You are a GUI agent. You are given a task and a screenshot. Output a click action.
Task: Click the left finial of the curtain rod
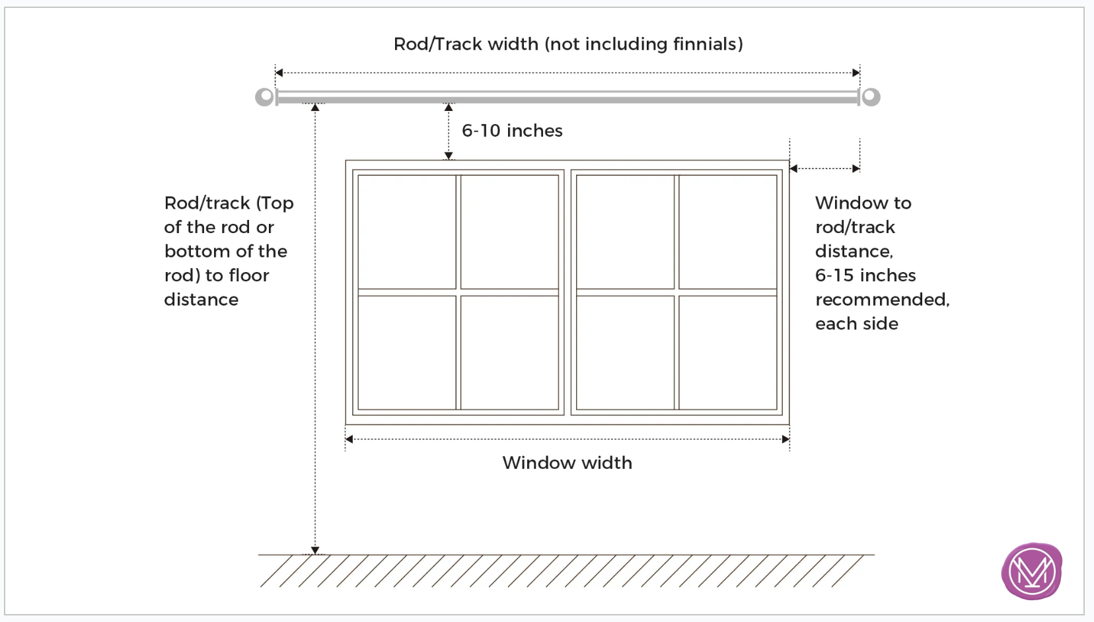tap(265, 96)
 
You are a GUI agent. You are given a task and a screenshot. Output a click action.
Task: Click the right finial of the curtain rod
tap(870, 96)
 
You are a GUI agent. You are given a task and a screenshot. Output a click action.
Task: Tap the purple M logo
tap(1031, 570)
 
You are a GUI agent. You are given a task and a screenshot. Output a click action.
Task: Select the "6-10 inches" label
tap(512, 131)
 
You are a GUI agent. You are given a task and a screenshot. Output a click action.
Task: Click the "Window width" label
tap(567, 462)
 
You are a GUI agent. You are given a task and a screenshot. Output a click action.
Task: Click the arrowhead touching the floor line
tap(315, 550)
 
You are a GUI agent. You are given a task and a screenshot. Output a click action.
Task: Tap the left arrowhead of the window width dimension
tap(349, 439)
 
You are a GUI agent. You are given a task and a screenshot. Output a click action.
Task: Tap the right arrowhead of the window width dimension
tap(785, 439)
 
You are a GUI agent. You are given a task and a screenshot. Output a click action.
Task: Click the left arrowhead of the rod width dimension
tap(279, 73)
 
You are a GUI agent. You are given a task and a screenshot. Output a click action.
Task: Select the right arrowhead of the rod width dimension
tap(856, 73)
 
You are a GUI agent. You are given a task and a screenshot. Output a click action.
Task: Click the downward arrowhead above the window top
tap(449, 156)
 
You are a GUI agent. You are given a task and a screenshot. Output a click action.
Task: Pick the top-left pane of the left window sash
tap(407, 232)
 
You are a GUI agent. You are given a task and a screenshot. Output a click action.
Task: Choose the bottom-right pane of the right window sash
tap(728, 353)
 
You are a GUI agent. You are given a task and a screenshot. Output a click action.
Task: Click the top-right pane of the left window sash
tap(509, 232)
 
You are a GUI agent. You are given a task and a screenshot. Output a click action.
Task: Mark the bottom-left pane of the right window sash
tap(625, 353)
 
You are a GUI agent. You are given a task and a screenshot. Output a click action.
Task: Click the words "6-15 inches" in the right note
tap(865, 275)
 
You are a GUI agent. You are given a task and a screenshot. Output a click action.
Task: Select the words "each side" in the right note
tap(857, 324)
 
